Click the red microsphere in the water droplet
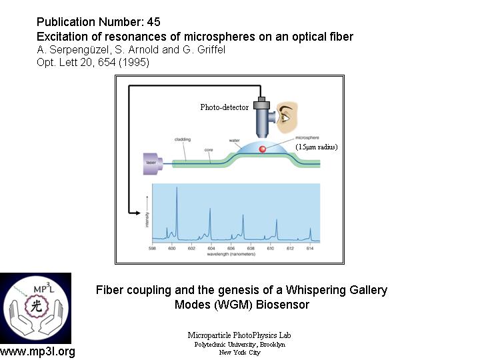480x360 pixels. coord(263,149)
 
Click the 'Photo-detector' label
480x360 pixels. coord(224,107)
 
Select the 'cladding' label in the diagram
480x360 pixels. coord(182,139)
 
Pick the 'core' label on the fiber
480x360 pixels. coord(208,150)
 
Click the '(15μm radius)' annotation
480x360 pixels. coord(317,147)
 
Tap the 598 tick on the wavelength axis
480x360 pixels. coord(153,248)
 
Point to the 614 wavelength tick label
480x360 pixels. coord(309,248)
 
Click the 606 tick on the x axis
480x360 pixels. coord(231,248)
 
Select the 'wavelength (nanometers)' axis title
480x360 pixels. coord(231,255)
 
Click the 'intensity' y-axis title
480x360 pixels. coord(146,218)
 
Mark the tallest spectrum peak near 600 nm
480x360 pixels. coord(177,190)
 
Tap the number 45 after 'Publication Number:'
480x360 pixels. coord(153,22)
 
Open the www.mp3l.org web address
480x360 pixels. coord(37,352)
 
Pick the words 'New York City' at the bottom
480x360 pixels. coord(239,352)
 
